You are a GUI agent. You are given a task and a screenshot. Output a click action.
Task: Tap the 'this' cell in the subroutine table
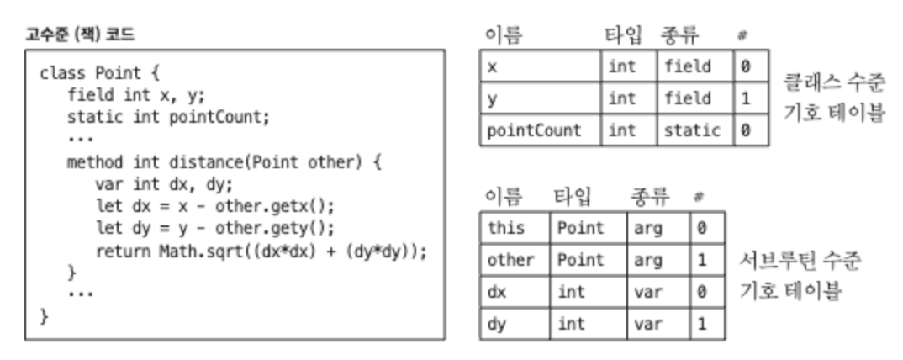tap(505, 228)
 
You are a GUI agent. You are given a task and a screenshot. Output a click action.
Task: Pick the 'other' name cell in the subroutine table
tap(510, 260)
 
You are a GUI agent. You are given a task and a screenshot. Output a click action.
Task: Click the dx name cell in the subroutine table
tap(496, 292)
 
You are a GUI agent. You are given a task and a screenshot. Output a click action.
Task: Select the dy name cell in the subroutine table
tap(496, 323)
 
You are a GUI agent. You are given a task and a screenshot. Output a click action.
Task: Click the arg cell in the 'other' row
tap(647, 260)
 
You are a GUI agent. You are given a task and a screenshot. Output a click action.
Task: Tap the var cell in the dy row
tap(647, 323)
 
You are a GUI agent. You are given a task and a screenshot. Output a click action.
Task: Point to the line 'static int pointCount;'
tap(168, 117)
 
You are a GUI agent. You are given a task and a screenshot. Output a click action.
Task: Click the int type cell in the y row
tap(622, 98)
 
